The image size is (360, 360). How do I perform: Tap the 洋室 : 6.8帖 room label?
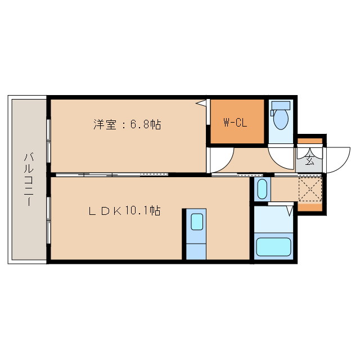[x=127, y=125]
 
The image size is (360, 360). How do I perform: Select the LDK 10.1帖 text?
[x=124, y=211]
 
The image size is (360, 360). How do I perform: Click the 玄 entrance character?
[x=310, y=159]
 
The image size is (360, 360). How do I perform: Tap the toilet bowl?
[x=280, y=119]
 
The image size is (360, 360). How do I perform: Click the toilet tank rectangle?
[x=280, y=105]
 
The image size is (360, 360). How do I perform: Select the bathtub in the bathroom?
[x=273, y=246]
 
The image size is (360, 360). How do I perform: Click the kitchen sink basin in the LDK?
[x=196, y=222]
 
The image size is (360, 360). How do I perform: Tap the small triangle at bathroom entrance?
[x=290, y=211]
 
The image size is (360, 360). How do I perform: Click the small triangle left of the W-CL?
[x=200, y=103]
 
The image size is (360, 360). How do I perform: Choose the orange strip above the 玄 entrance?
[x=310, y=141]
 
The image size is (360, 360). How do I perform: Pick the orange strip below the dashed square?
[x=310, y=207]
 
